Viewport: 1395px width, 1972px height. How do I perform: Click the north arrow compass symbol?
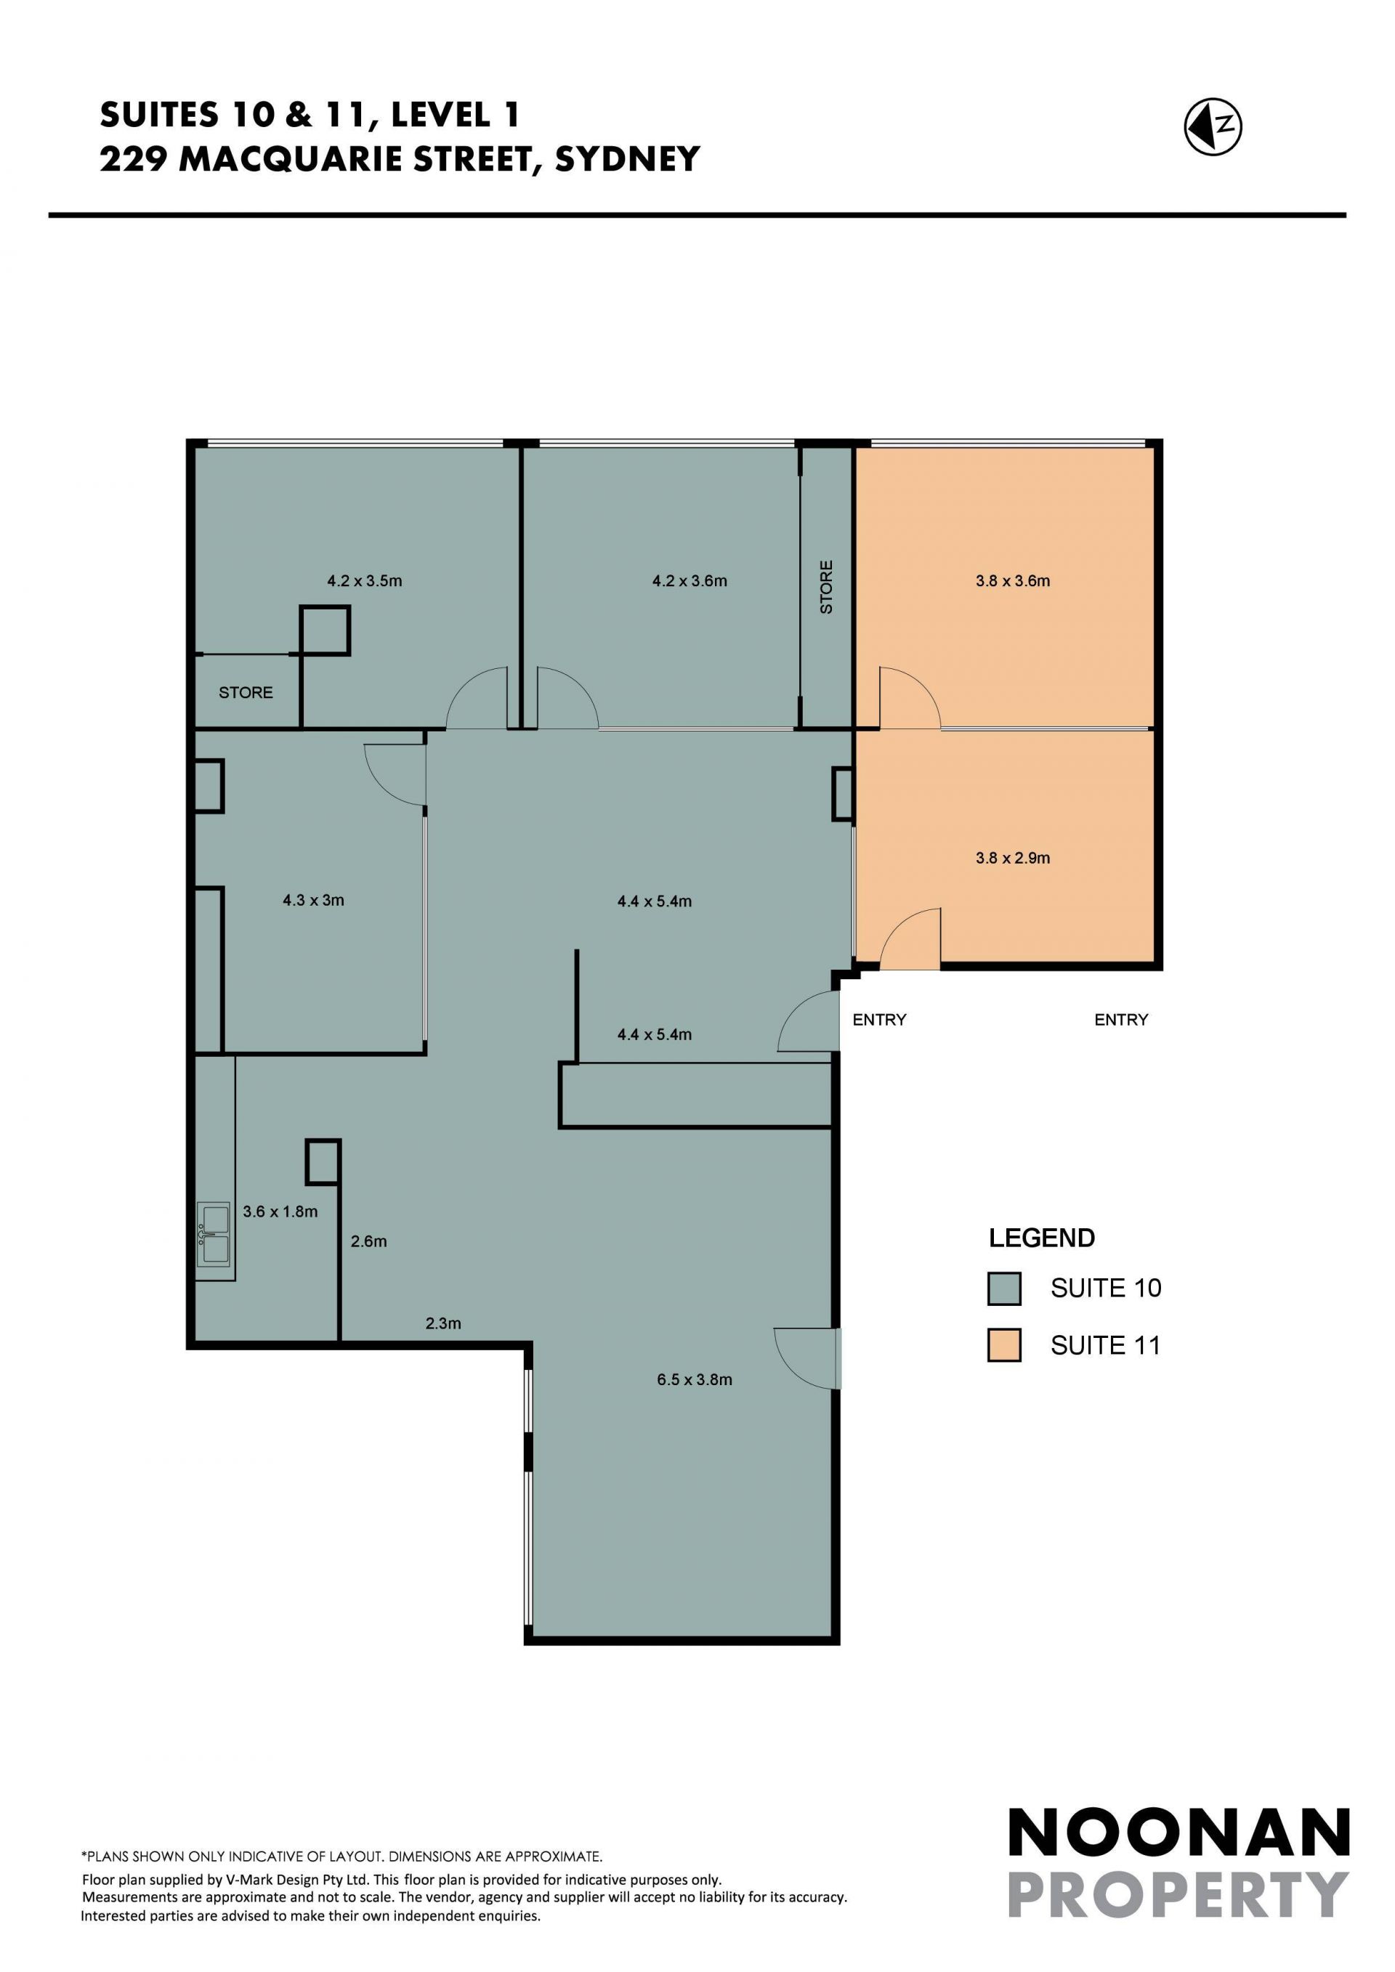pyautogui.click(x=1213, y=127)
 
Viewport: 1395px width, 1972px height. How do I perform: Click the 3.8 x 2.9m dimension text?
pyautogui.click(x=1013, y=858)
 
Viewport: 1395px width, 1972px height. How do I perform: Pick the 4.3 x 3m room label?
pyautogui.click(x=314, y=900)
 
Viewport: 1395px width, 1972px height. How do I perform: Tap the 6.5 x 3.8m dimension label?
pyautogui.click(x=695, y=1379)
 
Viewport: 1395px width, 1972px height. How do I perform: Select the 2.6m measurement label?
pyautogui.click(x=368, y=1241)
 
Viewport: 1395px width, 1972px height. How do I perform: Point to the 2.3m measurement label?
pyautogui.click(x=443, y=1323)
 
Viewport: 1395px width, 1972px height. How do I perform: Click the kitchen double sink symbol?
pyautogui.click(x=214, y=1234)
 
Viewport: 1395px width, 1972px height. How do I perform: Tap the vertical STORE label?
pyautogui.click(x=826, y=588)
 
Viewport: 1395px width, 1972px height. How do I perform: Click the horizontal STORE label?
pyautogui.click(x=246, y=692)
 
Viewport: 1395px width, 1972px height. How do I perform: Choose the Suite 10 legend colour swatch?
pyautogui.click(x=1004, y=1289)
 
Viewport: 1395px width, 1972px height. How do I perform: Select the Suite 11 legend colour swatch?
pyautogui.click(x=1004, y=1345)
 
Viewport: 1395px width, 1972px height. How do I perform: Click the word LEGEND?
pyautogui.click(x=1042, y=1238)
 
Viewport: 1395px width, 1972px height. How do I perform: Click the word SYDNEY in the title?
pyautogui.click(x=628, y=160)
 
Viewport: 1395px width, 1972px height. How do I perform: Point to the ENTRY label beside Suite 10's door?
pyautogui.click(x=880, y=1020)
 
